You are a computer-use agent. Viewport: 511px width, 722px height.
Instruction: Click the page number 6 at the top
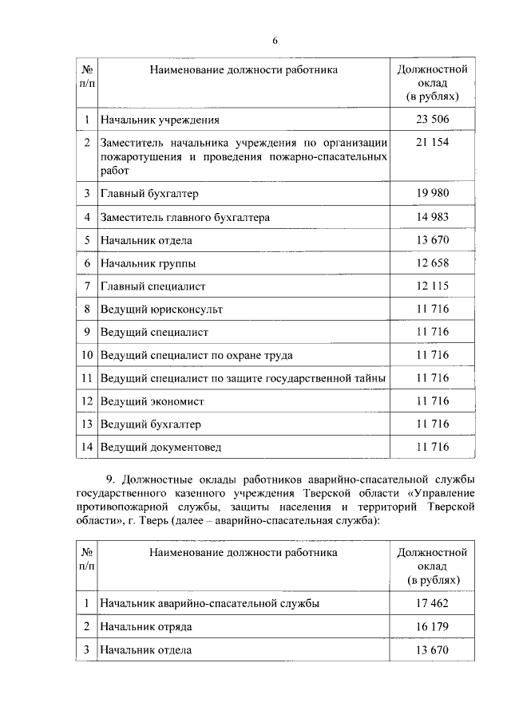click(x=274, y=41)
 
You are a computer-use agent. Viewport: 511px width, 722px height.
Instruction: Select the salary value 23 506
click(x=433, y=120)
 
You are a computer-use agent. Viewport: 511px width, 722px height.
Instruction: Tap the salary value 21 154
click(x=433, y=142)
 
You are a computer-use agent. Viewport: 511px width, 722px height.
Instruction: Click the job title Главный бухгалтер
click(x=149, y=194)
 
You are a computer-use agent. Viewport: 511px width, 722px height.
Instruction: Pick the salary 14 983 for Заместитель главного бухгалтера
click(x=433, y=217)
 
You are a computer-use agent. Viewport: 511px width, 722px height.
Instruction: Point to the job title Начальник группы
click(x=148, y=263)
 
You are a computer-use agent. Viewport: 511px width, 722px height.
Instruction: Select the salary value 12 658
click(x=433, y=263)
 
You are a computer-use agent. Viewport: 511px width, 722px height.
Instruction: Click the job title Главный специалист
click(x=153, y=286)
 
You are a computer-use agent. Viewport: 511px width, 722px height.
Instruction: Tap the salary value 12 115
click(x=433, y=286)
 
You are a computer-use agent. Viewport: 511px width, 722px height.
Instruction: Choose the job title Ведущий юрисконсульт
click(x=161, y=309)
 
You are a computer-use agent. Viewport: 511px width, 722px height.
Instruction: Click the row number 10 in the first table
click(x=86, y=355)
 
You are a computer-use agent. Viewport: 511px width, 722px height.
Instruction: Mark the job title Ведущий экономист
click(x=153, y=401)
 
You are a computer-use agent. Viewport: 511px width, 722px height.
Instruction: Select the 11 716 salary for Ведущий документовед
click(x=433, y=447)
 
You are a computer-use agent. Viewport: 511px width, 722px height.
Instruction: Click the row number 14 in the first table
click(x=86, y=447)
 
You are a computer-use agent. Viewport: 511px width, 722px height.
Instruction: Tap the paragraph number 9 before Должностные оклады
click(x=110, y=478)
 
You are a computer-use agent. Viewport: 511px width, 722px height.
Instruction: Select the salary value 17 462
click(x=433, y=604)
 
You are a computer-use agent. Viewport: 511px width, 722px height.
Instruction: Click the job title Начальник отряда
click(x=146, y=627)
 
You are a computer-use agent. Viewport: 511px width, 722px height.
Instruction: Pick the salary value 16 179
click(x=433, y=627)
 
